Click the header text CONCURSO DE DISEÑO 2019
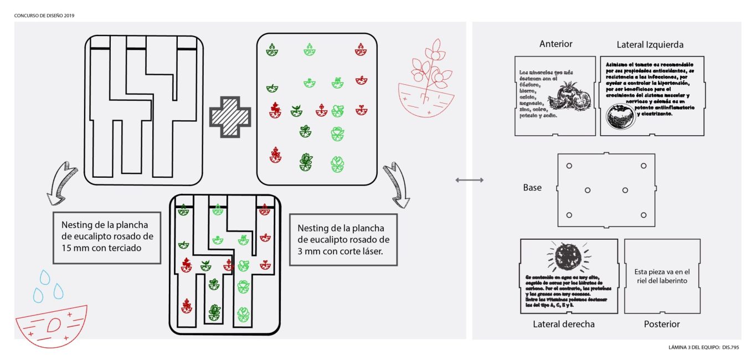(x=44, y=16)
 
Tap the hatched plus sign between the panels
(x=230, y=117)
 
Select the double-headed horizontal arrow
(x=469, y=180)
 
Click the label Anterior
(x=556, y=44)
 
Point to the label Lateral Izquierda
(x=650, y=44)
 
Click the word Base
(x=532, y=188)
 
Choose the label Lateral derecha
(x=564, y=324)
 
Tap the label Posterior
(x=662, y=324)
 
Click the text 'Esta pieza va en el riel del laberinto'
(x=662, y=276)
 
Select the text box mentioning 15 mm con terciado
(x=107, y=236)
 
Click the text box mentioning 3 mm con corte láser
(x=343, y=239)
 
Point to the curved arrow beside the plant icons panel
(x=400, y=183)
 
